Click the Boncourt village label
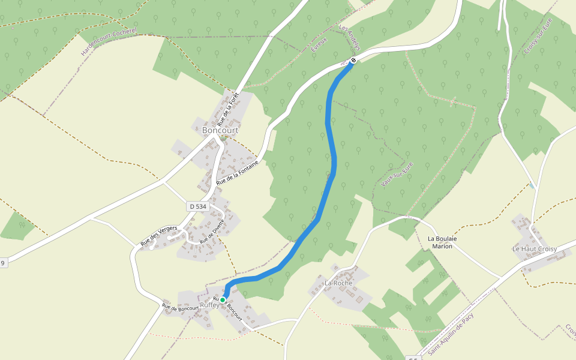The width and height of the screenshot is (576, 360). [x=220, y=130]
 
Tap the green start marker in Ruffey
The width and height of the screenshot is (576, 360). [x=223, y=299]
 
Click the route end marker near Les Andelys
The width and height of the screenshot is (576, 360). [x=353, y=59]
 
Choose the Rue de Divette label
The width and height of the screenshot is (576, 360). [x=212, y=231]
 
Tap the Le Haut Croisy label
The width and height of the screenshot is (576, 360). [x=534, y=248]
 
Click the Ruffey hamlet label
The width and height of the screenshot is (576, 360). [x=209, y=305]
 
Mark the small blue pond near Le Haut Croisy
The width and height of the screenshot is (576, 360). [x=532, y=186]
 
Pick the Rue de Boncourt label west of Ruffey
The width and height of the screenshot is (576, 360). [x=180, y=307]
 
